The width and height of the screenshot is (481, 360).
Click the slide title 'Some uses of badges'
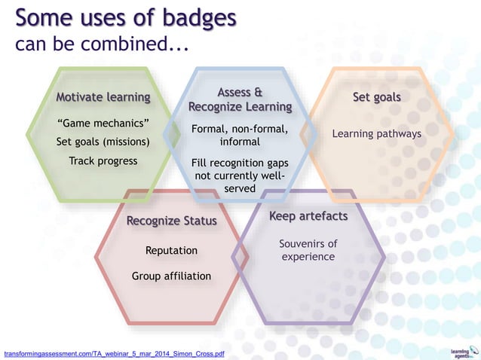click(x=126, y=18)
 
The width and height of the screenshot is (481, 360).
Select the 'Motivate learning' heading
click(x=103, y=97)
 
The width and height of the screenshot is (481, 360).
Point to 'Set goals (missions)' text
click(x=103, y=142)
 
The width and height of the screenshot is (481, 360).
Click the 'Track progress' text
click(x=103, y=160)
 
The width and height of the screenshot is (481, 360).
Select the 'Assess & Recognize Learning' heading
click(x=240, y=99)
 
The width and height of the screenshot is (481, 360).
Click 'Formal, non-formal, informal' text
click(x=240, y=135)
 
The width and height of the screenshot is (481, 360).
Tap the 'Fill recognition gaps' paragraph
click(x=240, y=175)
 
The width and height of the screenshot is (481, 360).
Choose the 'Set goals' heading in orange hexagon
click(x=376, y=97)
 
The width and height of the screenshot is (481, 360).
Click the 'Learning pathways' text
click(x=376, y=133)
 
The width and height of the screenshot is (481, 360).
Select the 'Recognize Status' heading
click(x=172, y=221)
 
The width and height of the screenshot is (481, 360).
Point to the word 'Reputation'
click(x=172, y=250)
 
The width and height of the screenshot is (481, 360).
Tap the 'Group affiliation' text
click(x=172, y=276)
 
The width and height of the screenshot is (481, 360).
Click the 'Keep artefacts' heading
click(x=308, y=216)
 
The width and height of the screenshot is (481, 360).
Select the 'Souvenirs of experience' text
click(x=308, y=250)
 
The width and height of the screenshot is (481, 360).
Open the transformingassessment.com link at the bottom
click(x=114, y=352)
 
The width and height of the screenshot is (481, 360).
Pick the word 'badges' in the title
click(x=192, y=18)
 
